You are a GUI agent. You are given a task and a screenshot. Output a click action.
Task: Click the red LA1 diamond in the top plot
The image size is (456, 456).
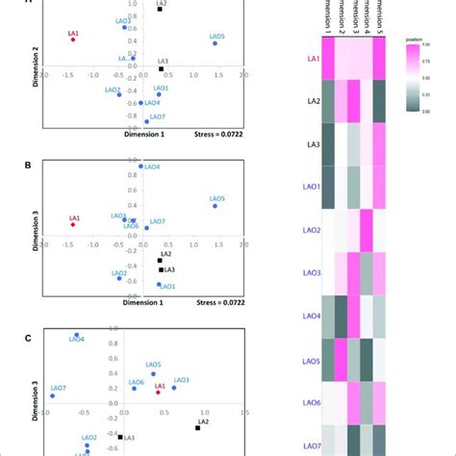tap(72, 39)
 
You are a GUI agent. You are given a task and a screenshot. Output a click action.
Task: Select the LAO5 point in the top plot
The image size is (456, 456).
tap(215, 43)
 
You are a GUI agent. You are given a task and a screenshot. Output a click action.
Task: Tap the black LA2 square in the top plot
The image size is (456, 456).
tap(161, 9)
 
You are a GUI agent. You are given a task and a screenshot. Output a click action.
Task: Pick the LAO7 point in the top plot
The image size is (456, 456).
tap(147, 121)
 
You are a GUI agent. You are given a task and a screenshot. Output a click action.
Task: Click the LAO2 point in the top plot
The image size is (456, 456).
tap(118, 94)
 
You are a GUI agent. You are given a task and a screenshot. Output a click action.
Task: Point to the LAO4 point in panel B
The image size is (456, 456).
tap(140, 166)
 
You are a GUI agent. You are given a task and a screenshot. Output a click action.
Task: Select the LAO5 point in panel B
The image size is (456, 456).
tap(215, 206)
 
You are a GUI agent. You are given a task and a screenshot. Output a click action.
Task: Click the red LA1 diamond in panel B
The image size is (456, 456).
tap(72, 224)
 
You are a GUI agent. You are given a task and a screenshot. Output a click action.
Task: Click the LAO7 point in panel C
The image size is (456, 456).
tap(52, 395)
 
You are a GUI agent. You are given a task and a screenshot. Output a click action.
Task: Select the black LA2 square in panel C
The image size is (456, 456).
tap(197, 428)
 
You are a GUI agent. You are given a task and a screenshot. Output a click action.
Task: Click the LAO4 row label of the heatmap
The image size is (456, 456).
tap(312, 316)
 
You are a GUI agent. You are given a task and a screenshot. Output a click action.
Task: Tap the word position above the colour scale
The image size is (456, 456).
tap(415, 39)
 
